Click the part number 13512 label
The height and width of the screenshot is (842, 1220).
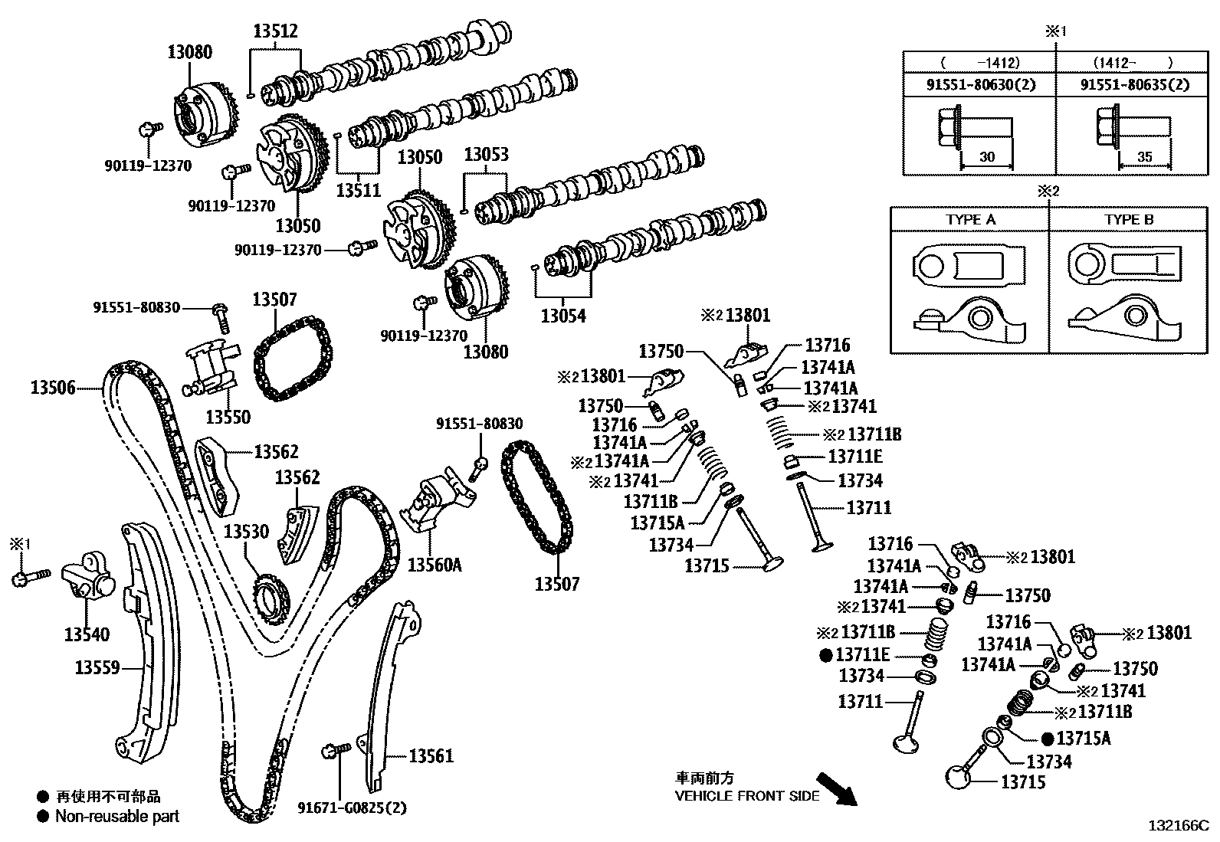(x=275, y=31)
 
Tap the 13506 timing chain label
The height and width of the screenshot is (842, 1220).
(x=53, y=388)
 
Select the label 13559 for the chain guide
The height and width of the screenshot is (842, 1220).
(x=97, y=668)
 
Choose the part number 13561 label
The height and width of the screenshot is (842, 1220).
(x=431, y=757)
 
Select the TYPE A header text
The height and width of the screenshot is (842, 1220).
(x=970, y=219)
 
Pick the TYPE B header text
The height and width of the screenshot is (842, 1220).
(x=1128, y=219)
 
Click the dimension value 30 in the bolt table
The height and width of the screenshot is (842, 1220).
(x=987, y=157)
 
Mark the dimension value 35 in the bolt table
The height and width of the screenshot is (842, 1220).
(x=1144, y=157)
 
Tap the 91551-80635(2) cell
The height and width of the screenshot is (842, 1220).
(x=1135, y=85)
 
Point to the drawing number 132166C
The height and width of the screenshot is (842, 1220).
(x=1178, y=827)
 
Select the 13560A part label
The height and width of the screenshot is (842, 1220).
(x=435, y=565)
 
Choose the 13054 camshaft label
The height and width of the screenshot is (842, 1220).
(x=562, y=315)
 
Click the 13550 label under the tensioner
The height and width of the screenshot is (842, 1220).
(x=228, y=417)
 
